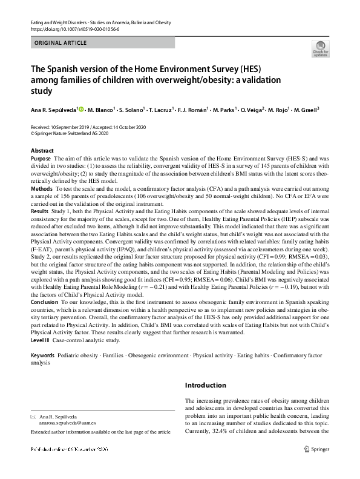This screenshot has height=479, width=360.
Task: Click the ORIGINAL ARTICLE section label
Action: click(x=61, y=43)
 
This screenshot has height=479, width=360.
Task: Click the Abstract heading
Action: click(x=42, y=150)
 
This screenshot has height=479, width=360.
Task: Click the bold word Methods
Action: click(x=42, y=190)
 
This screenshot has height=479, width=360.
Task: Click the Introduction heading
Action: click(x=206, y=385)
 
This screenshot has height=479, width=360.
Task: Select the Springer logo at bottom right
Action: click(x=316, y=449)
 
